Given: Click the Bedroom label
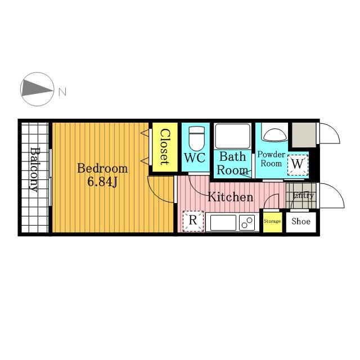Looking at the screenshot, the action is tap(102, 168).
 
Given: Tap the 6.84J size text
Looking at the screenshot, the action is tap(102, 182).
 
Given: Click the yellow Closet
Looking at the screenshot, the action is tap(165, 147).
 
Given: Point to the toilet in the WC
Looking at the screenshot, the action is tap(196, 138).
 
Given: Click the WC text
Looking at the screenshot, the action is tap(195, 157).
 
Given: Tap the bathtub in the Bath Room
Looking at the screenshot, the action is tap(232, 136).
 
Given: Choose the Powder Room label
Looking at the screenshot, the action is tap(271, 159).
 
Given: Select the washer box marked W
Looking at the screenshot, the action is tap(298, 165).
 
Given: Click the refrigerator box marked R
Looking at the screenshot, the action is tap(193, 221).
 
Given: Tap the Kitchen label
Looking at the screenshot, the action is tap(230, 197).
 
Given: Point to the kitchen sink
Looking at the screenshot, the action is tap(223, 223).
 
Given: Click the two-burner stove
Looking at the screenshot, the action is tap(247, 223).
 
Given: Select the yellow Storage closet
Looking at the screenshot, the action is tap(272, 222).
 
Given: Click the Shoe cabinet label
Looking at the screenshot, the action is tap(301, 221).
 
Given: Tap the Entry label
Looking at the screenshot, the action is tap(304, 196).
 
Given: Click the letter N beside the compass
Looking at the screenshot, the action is tap(62, 92).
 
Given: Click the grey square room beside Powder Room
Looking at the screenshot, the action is tap(304, 134).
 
